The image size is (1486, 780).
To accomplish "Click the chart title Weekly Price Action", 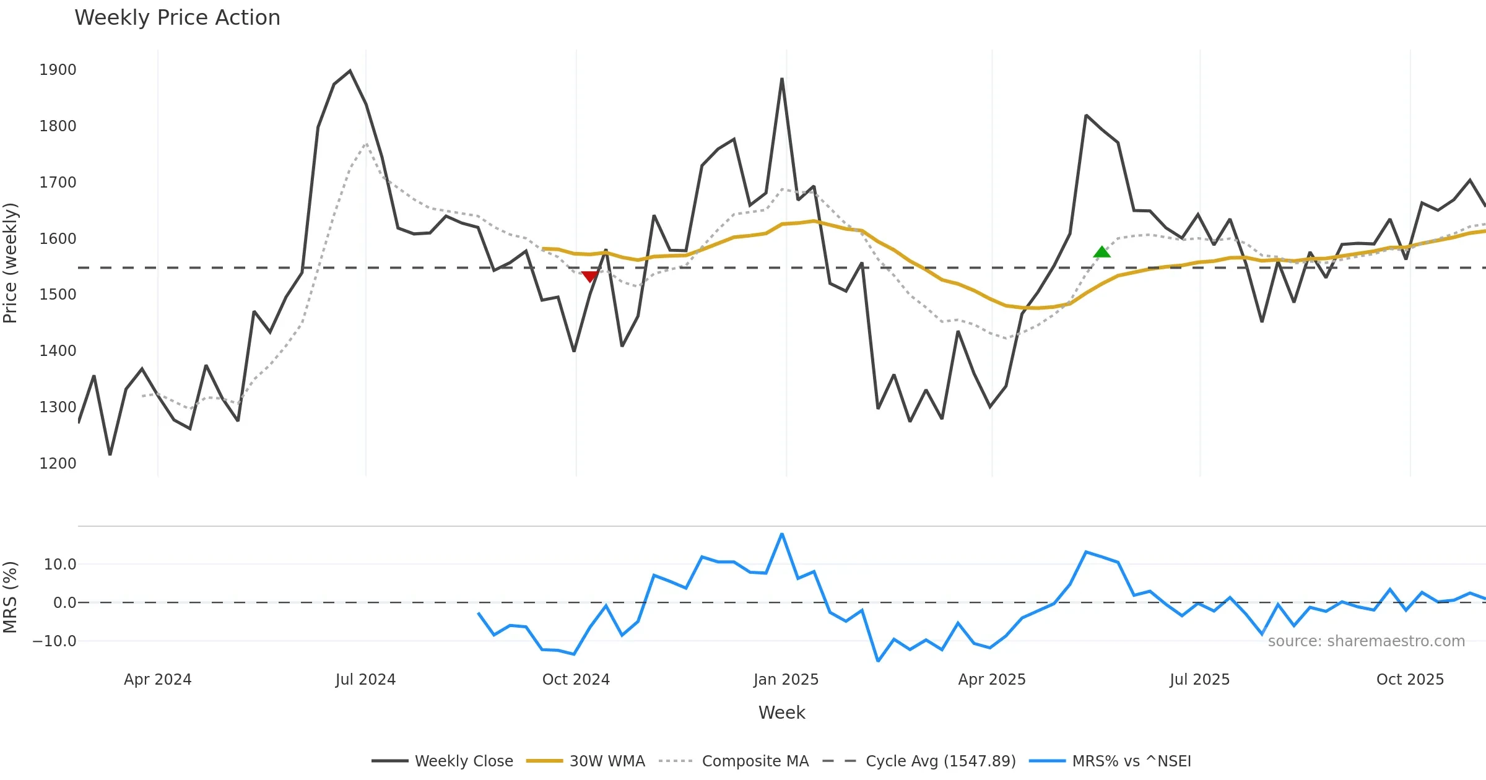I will (177, 18).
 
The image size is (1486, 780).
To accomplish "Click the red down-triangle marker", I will (590, 276).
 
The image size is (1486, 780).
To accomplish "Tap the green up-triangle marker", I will (1101, 252).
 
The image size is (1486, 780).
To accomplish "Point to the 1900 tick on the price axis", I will (58, 70).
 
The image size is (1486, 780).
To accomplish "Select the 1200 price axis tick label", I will (58, 464).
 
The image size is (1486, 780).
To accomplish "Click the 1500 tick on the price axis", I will (58, 295).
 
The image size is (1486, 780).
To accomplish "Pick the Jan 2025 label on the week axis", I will (786, 680).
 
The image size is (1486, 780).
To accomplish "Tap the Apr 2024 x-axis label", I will (157, 680).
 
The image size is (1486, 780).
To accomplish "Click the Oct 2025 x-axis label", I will (1410, 680).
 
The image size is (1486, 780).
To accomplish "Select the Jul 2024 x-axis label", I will (365, 680).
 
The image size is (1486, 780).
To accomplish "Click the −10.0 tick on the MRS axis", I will (54, 641).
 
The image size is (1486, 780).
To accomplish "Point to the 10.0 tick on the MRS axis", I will (60, 565).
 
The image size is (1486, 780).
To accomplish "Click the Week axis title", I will (781, 713).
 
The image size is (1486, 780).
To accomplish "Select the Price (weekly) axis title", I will (11, 263).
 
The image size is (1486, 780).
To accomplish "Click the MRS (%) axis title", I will (11, 597).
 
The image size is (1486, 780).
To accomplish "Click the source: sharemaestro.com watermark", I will (1366, 641).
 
